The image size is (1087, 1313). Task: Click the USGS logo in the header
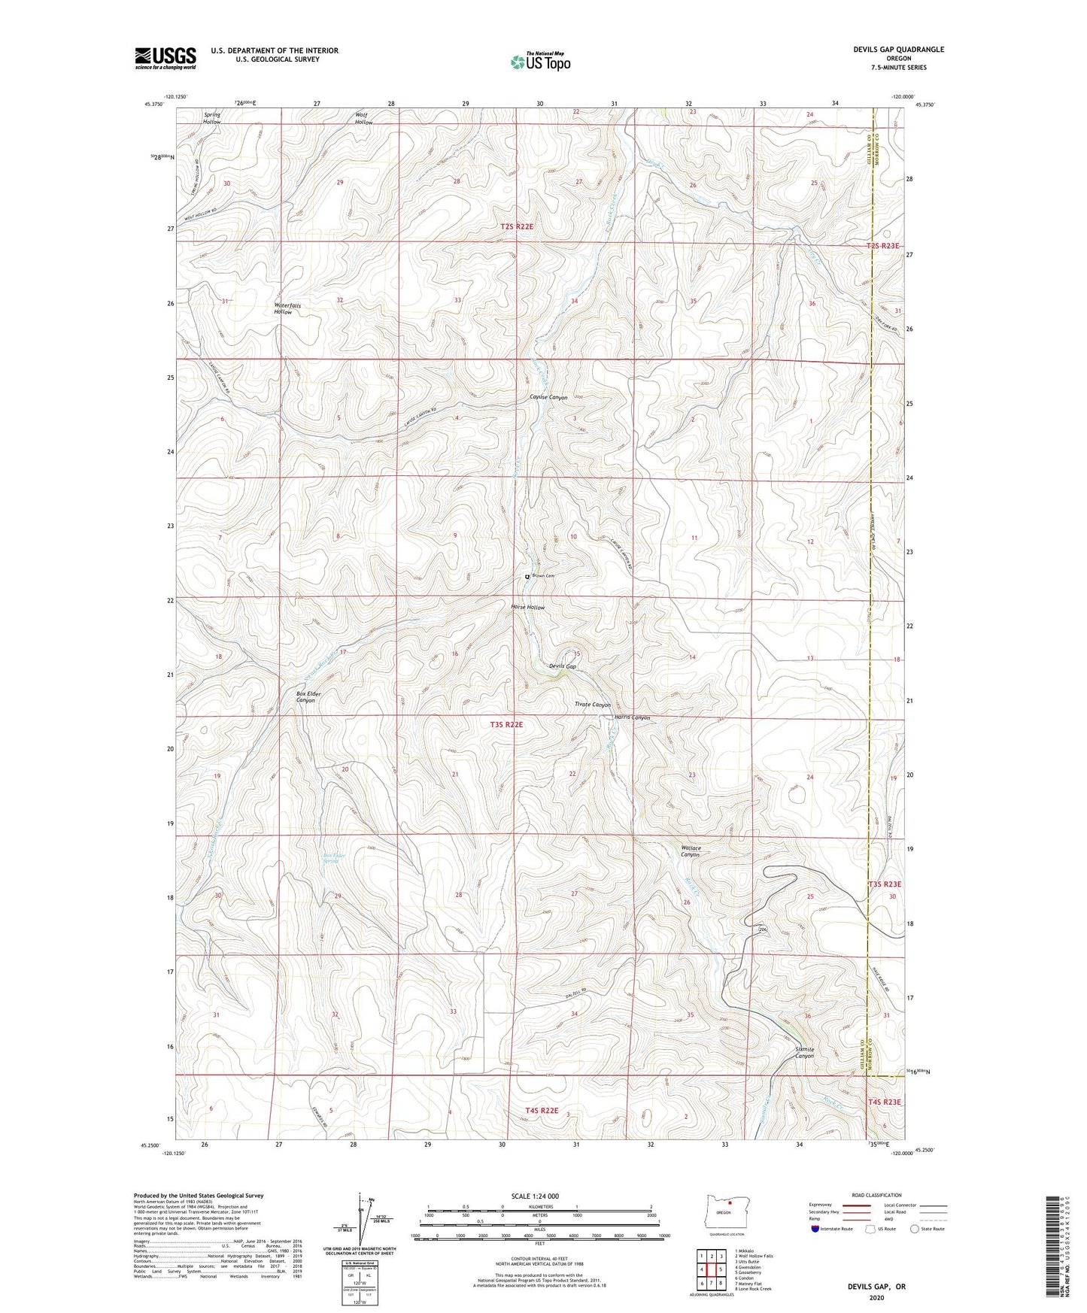pyautogui.click(x=165, y=57)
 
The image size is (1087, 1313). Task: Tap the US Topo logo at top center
pyautogui.click(x=540, y=62)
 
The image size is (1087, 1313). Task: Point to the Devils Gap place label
pyautogui.click(x=562, y=666)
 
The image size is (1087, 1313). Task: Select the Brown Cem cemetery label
pyautogui.click(x=542, y=576)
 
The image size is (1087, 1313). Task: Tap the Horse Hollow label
pyautogui.click(x=527, y=607)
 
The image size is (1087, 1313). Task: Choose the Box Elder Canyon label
pyautogui.click(x=305, y=696)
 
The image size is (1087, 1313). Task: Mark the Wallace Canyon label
pyautogui.click(x=690, y=851)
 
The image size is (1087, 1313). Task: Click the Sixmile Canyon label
pyautogui.click(x=804, y=1052)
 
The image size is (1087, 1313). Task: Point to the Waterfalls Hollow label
pyautogui.click(x=288, y=308)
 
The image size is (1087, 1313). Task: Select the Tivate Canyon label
pyautogui.click(x=592, y=705)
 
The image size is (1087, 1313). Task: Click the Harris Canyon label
pyautogui.click(x=631, y=717)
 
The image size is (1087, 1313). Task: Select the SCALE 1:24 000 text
pyautogui.click(x=539, y=1196)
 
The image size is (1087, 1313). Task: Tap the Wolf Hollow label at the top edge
pyautogui.click(x=364, y=119)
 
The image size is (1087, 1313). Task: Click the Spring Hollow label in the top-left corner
pyautogui.click(x=212, y=118)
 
